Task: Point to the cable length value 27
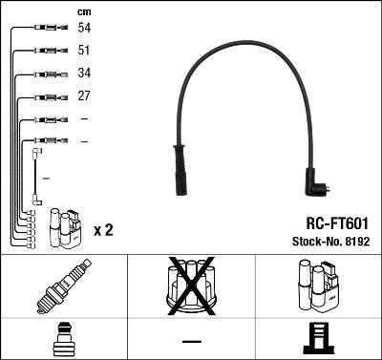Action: click(x=84, y=96)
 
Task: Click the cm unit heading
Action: click(x=84, y=11)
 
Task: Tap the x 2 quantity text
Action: click(x=103, y=230)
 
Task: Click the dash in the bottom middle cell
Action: click(x=191, y=341)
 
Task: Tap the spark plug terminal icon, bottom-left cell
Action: click(x=63, y=340)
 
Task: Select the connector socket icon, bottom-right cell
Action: click(x=317, y=340)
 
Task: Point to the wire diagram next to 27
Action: click(x=43, y=96)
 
